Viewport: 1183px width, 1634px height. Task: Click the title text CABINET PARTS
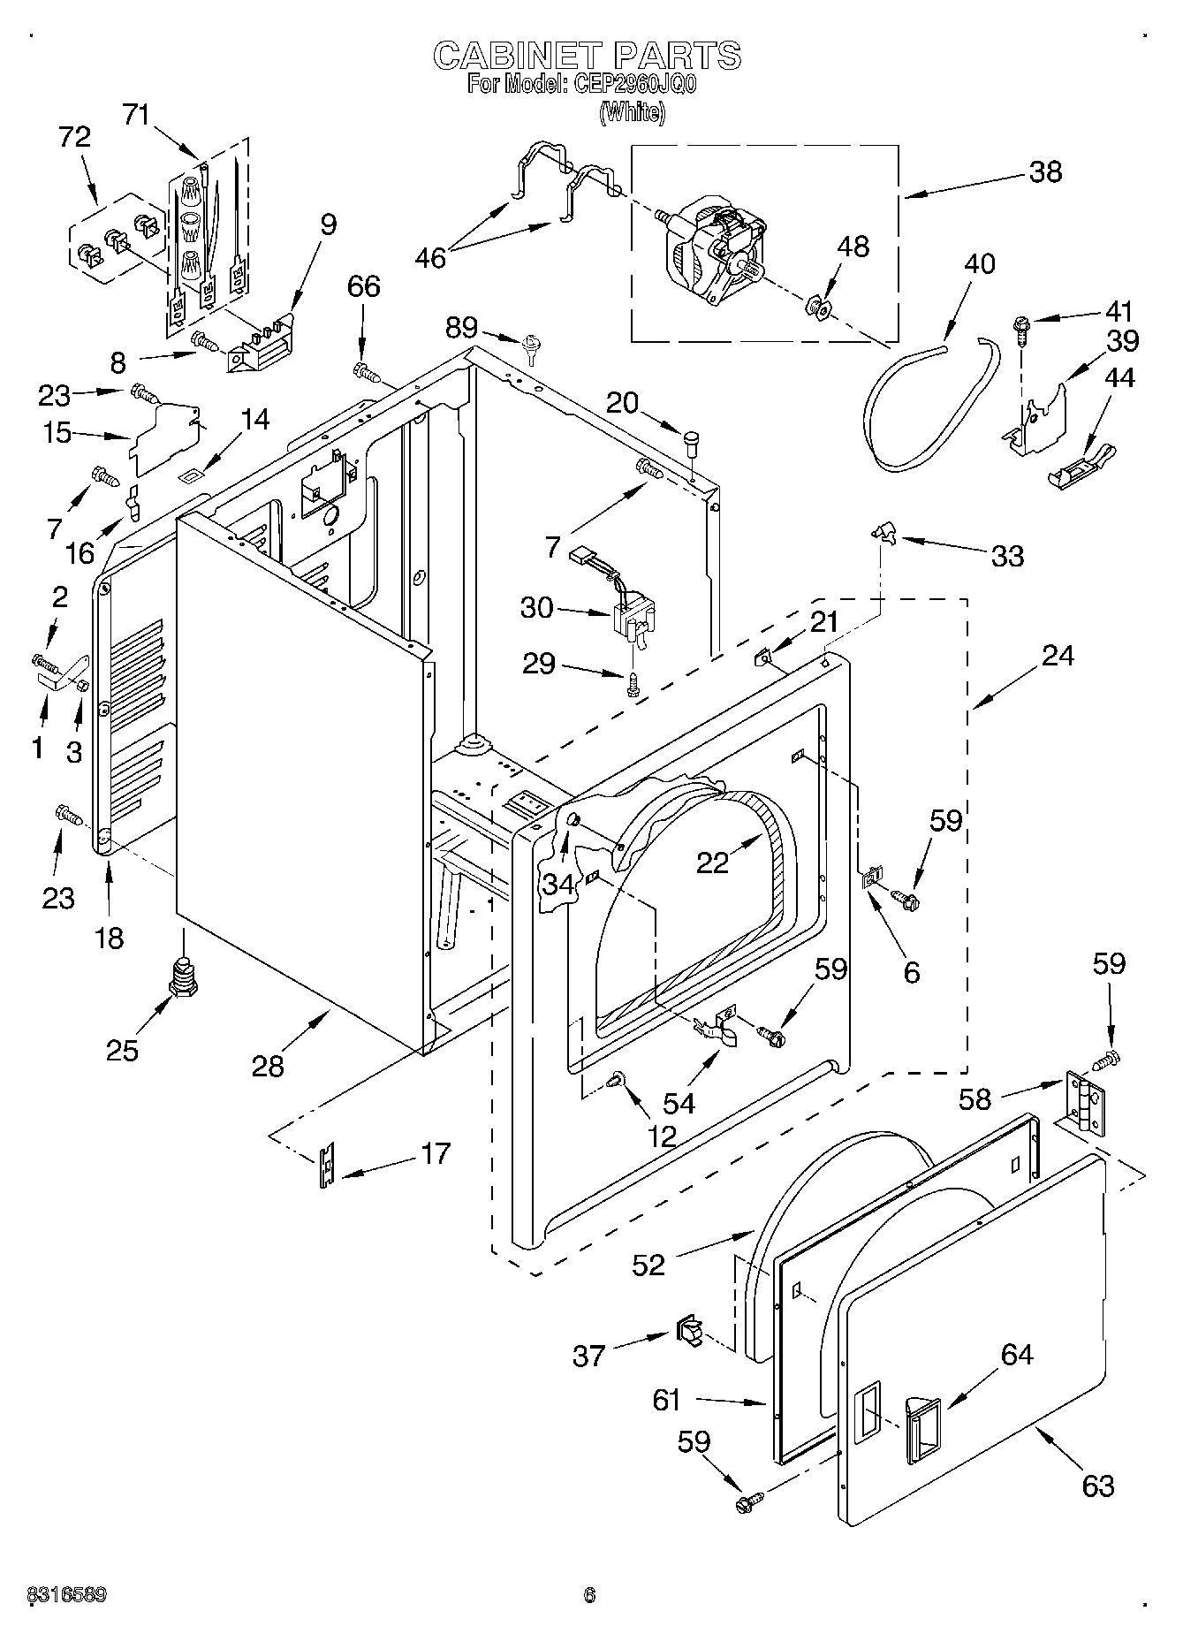click(x=587, y=56)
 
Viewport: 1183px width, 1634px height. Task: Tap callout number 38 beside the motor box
click(x=1045, y=171)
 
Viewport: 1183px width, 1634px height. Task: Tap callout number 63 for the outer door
click(x=1097, y=1486)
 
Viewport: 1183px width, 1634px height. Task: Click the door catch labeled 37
click(x=689, y=1328)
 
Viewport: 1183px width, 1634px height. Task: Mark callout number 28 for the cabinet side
click(x=268, y=1066)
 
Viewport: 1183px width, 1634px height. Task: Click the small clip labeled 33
click(x=882, y=531)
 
